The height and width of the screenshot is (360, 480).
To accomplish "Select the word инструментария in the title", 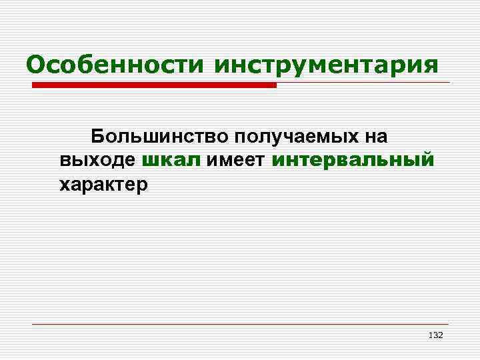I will pos(327,66).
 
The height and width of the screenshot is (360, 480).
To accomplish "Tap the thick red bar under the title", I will pos(153,85).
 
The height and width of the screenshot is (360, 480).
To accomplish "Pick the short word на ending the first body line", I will pos(375,137).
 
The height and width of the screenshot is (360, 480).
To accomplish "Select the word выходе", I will pos(97,160).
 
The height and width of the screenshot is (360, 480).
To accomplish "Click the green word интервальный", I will pos(353,160).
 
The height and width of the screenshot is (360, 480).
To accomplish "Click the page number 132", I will pos(435,335).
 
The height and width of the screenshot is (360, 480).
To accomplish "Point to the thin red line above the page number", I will pos(240,324).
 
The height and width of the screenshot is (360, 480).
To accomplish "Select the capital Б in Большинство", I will pos(98,137).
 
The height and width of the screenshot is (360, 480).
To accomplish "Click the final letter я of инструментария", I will pos(431,67).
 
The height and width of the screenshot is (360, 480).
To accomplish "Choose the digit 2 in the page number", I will pos(440,335).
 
